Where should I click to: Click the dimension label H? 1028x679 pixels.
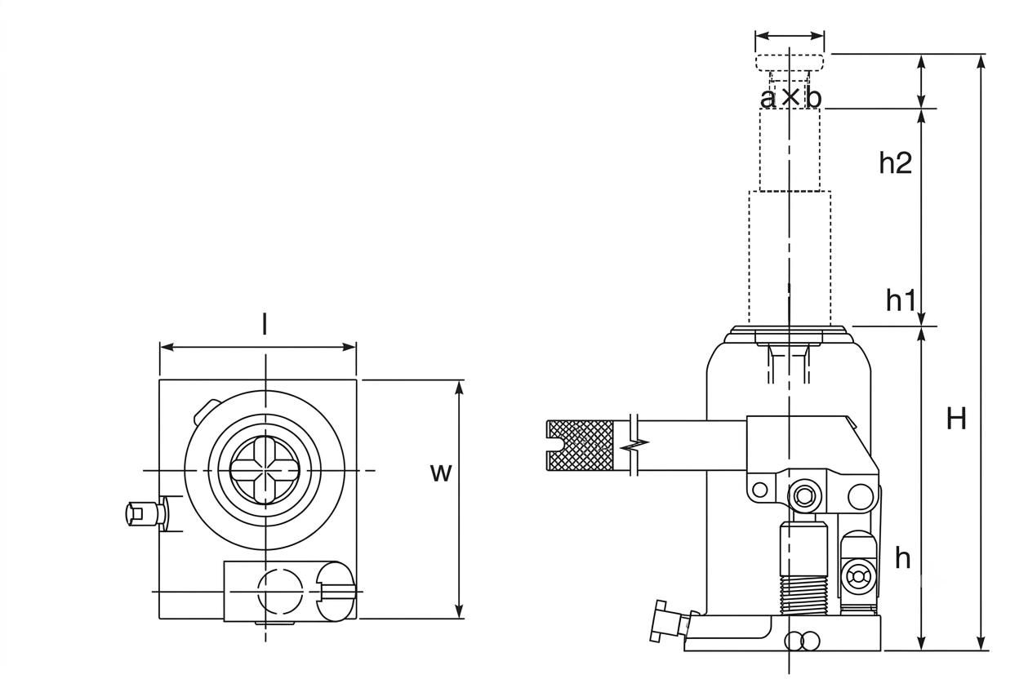coord(956,419)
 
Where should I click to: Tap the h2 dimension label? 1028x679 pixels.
coord(895,162)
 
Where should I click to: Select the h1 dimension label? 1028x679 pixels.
coord(901,300)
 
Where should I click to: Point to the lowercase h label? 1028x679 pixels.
coord(903,559)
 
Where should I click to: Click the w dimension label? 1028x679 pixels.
coord(441,473)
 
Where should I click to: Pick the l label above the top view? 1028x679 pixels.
coord(264,324)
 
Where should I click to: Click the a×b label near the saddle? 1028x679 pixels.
coord(790,97)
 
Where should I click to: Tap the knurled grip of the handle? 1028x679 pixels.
coord(580,445)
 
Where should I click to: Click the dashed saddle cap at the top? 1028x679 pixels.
coord(790,62)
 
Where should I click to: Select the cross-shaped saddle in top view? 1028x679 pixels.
coord(265,470)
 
